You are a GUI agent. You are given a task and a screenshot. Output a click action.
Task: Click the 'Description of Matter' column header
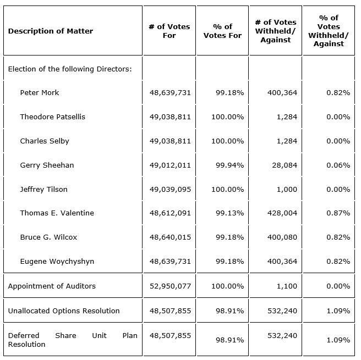point(51,31)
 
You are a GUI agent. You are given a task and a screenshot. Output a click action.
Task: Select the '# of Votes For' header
point(169,31)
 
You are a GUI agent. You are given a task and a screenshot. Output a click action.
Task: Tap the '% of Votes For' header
point(222,31)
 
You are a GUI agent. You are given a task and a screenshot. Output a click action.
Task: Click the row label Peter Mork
point(40,92)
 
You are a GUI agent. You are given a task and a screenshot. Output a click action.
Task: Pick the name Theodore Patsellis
point(53,117)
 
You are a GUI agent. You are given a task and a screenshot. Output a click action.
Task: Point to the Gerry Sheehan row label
point(47,165)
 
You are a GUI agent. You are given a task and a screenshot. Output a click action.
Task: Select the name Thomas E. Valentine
point(57,213)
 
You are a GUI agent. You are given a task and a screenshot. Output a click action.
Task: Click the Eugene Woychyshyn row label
point(57,261)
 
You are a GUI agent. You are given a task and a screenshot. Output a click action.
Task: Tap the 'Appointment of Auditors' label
point(52,286)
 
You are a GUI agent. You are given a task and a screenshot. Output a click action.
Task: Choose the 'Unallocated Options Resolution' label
point(64,311)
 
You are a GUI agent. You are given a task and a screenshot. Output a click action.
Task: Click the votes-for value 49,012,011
point(170,165)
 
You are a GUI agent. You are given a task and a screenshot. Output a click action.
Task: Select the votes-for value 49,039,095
point(170,189)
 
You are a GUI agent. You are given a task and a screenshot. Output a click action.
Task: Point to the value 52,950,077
point(170,286)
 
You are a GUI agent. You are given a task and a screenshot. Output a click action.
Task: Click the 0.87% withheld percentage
point(338,213)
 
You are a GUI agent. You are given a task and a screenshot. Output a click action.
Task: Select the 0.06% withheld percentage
point(338,165)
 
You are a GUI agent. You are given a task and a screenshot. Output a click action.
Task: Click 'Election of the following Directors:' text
point(70,69)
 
